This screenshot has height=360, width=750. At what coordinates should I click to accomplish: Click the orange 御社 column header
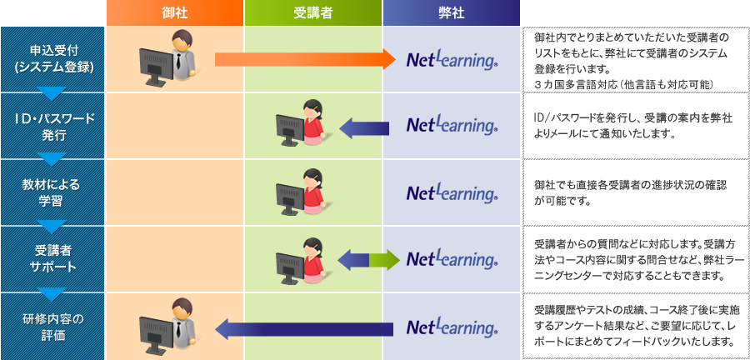[x=175, y=12]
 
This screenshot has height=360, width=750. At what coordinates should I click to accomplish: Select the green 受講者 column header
[x=313, y=12]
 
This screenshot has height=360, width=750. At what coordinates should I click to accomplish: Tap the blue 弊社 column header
[x=451, y=12]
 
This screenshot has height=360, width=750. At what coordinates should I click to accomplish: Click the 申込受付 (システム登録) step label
[x=52, y=59]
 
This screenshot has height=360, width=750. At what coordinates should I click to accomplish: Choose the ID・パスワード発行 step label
[x=52, y=126]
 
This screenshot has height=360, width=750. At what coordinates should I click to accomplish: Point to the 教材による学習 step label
[x=52, y=192]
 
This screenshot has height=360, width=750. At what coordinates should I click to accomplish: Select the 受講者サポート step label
[x=52, y=258]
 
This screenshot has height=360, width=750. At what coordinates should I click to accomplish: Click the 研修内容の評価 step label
[x=52, y=326]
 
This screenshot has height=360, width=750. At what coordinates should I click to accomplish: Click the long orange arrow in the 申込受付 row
[x=305, y=60]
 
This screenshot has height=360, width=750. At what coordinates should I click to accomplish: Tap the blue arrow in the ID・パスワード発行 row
[x=364, y=127]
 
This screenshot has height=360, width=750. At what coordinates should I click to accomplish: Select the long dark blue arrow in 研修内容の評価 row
[x=304, y=329]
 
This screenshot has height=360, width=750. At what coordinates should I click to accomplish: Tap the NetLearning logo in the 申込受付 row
[x=452, y=59]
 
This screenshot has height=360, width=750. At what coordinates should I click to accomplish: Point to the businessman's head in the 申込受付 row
[x=182, y=41]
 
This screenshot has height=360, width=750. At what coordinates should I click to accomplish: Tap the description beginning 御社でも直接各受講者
[x=631, y=192]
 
